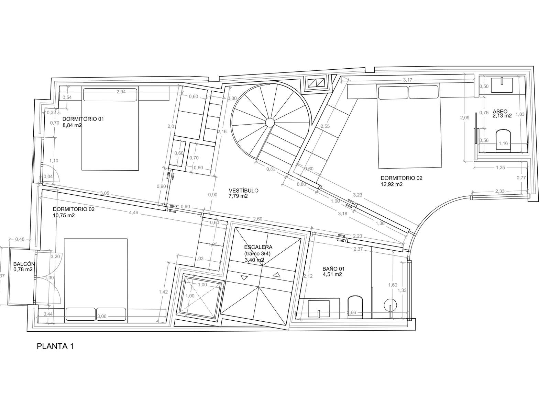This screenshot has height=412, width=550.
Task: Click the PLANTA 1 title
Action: [x=55, y=346]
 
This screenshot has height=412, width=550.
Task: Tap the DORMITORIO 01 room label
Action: [x=83, y=119]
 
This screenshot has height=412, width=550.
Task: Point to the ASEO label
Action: [x=500, y=111]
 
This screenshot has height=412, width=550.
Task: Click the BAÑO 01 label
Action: [x=333, y=269]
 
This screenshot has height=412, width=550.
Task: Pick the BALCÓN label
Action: [x=24, y=264]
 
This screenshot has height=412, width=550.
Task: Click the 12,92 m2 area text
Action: [x=392, y=184]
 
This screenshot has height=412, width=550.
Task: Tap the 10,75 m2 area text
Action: [x=64, y=215]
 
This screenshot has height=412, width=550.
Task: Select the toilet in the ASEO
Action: [x=503, y=140]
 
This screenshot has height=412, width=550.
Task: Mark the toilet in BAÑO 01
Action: [x=355, y=307]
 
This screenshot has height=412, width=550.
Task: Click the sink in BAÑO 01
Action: [x=318, y=309]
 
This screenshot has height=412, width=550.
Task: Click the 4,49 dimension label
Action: [x=134, y=213]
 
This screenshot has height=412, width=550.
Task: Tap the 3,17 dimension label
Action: [x=407, y=80]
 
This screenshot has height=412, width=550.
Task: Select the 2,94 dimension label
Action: [x=121, y=92]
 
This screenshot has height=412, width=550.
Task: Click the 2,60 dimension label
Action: [x=257, y=219]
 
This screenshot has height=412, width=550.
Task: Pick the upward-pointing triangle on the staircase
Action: [x=277, y=275]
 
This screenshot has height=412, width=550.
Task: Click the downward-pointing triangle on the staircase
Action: [x=244, y=278]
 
